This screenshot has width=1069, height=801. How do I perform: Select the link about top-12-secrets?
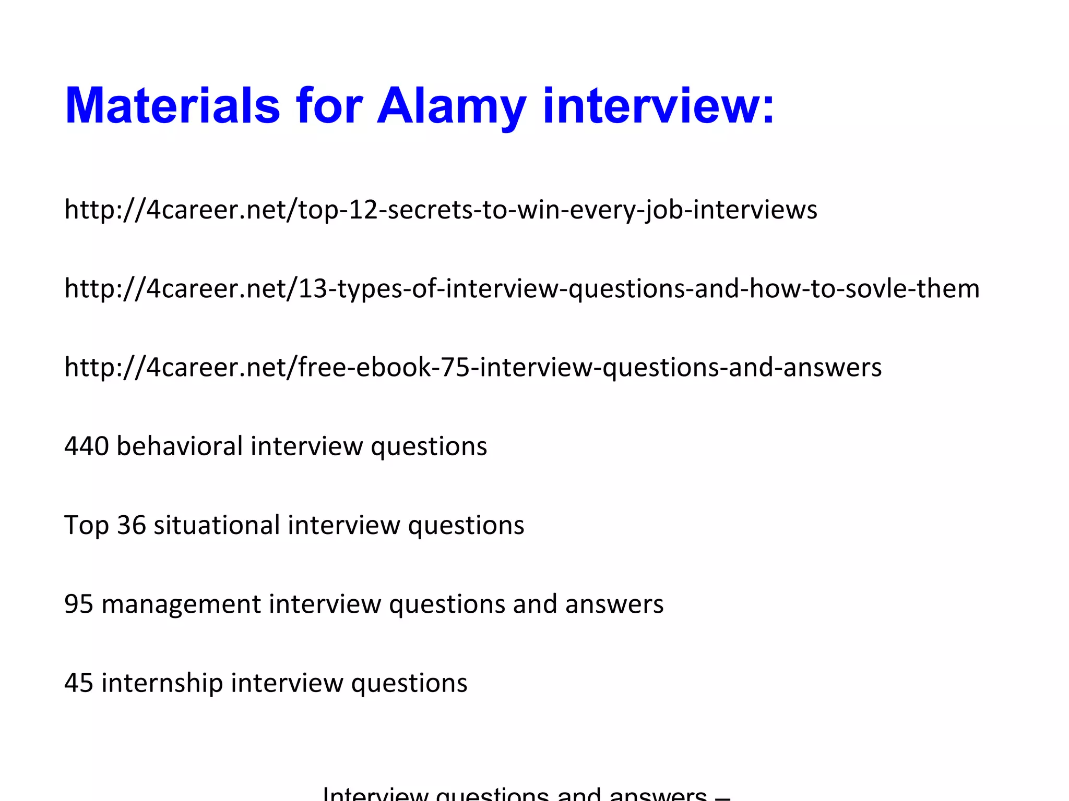[x=441, y=210]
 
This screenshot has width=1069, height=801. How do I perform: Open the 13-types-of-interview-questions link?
[x=522, y=289]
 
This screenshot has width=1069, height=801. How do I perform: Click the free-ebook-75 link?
[x=473, y=368]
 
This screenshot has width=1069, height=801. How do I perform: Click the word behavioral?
[x=180, y=446]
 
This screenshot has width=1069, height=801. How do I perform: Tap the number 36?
[x=131, y=525]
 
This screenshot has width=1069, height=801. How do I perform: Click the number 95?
[x=79, y=604]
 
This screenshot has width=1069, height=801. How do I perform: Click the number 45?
[x=79, y=683]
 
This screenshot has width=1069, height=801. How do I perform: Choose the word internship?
[x=162, y=683]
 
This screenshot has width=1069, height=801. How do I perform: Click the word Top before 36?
[x=86, y=526]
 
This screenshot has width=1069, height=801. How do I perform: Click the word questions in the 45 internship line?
[x=409, y=684]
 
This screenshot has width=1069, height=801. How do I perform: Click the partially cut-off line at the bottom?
[x=526, y=794]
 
